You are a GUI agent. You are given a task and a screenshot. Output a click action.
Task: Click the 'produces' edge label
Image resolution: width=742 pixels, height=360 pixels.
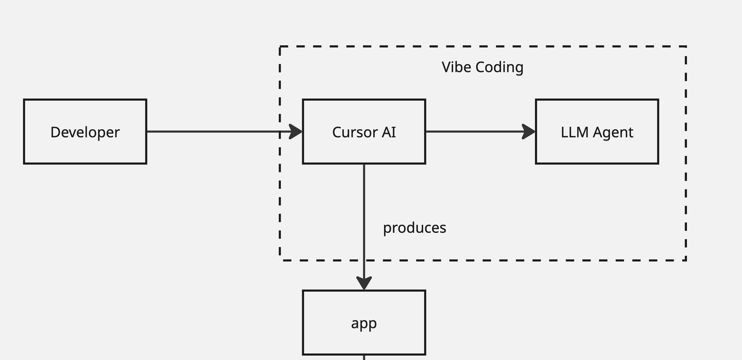(x=415, y=228)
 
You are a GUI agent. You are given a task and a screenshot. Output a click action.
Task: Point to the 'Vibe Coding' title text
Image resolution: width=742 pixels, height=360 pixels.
(x=483, y=67)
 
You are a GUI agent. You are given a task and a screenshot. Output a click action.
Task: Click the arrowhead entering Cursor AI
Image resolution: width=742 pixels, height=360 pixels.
(x=295, y=132)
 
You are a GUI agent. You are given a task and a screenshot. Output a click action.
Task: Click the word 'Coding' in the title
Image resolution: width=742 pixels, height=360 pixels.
(x=499, y=67)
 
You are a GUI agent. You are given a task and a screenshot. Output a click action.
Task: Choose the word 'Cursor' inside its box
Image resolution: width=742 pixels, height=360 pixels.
(x=355, y=132)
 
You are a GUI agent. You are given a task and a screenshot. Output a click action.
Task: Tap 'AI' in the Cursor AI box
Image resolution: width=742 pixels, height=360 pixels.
(x=389, y=132)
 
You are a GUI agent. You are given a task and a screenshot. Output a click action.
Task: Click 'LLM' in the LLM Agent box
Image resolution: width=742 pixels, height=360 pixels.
(x=575, y=132)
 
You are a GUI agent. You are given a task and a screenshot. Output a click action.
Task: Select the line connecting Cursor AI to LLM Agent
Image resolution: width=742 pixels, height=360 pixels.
(x=472, y=132)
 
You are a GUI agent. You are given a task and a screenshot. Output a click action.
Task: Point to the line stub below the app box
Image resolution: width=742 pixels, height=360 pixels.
(x=364, y=358)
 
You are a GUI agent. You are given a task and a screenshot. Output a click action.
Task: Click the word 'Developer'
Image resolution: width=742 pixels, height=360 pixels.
(x=85, y=132)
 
